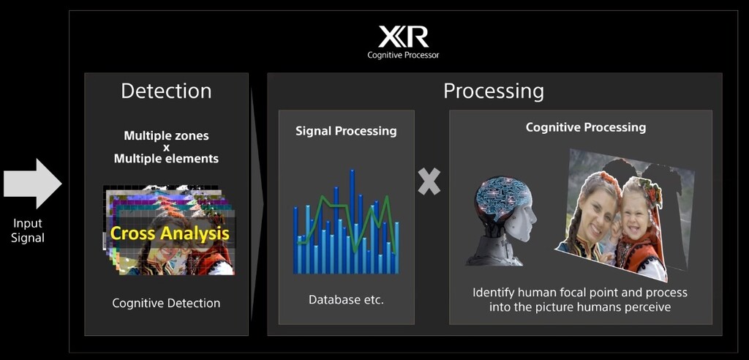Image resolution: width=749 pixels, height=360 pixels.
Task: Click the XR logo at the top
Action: point(403,37)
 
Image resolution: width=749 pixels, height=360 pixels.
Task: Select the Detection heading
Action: point(166,91)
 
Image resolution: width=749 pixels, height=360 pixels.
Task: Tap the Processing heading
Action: point(494,91)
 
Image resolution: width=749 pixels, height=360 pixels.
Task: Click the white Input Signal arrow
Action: point(32,184)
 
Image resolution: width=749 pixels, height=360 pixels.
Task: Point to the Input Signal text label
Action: point(28,230)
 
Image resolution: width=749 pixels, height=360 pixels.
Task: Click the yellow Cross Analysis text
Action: point(170,233)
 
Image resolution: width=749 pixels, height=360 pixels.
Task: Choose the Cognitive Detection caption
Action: point(166,303)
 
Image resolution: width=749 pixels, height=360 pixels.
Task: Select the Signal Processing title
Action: point(346,132)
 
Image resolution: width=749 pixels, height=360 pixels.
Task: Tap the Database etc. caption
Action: point(346,300)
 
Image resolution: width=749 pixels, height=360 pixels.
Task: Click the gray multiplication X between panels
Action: point(429,182)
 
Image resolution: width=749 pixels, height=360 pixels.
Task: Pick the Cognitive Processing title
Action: point(586,127)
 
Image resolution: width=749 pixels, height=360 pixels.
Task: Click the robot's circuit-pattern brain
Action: point(503,198)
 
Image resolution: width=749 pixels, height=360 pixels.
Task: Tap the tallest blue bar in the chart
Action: point(352,221)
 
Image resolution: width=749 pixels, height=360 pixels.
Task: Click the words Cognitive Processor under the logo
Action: point(403,55)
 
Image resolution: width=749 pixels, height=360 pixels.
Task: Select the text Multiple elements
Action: point(166,159)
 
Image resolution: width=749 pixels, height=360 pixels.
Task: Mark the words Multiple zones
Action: point(166,136)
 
